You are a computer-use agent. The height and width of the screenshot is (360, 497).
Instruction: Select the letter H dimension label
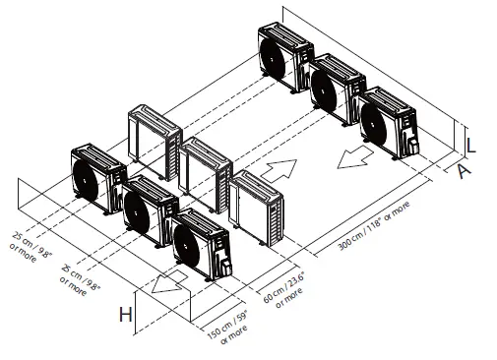[124, 315]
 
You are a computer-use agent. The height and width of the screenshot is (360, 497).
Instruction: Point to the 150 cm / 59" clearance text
[227, 329]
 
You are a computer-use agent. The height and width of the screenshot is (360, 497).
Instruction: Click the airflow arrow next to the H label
[169, 285]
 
